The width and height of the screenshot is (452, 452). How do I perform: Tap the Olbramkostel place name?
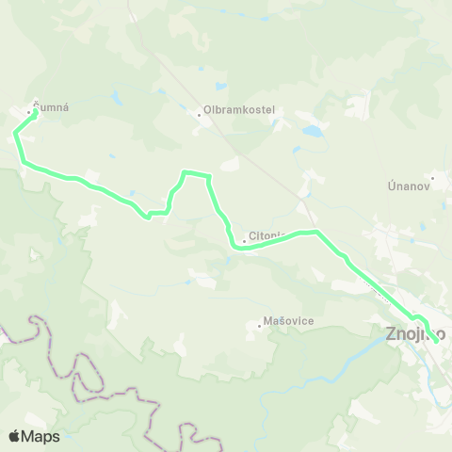coord(240,109)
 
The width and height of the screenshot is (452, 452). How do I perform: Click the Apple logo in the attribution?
coord(16,436)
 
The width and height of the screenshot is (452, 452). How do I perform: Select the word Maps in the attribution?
coord(42,436)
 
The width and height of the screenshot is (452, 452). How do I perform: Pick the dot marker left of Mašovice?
coord(260,326)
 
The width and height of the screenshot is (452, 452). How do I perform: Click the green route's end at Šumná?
coord(35,113)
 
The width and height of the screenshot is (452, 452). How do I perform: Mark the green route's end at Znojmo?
coord(436,341)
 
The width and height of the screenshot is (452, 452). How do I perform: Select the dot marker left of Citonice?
coord(244,241)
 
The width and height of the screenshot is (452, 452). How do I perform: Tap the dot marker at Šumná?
coord(27,111)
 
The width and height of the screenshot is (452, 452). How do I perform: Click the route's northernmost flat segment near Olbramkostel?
coord(196,173)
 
